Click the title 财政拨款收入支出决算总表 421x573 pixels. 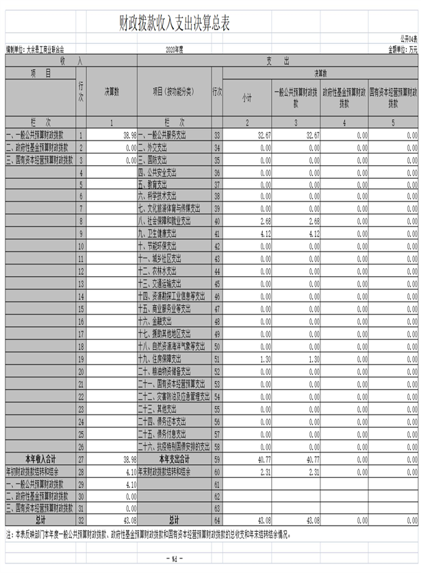174,24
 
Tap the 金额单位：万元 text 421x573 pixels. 403,50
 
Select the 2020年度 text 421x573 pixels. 175,50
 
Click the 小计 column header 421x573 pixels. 246,99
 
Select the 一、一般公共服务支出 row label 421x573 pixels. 162,136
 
